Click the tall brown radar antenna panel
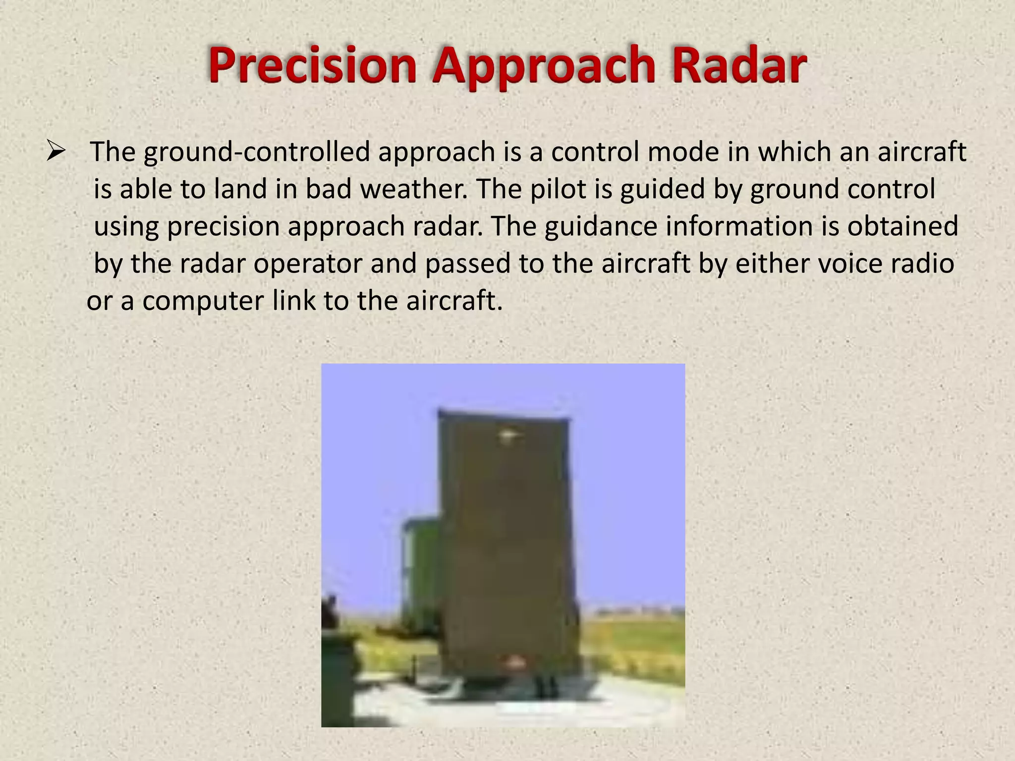[x=508, y=545]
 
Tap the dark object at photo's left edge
[x=337, y=659]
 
